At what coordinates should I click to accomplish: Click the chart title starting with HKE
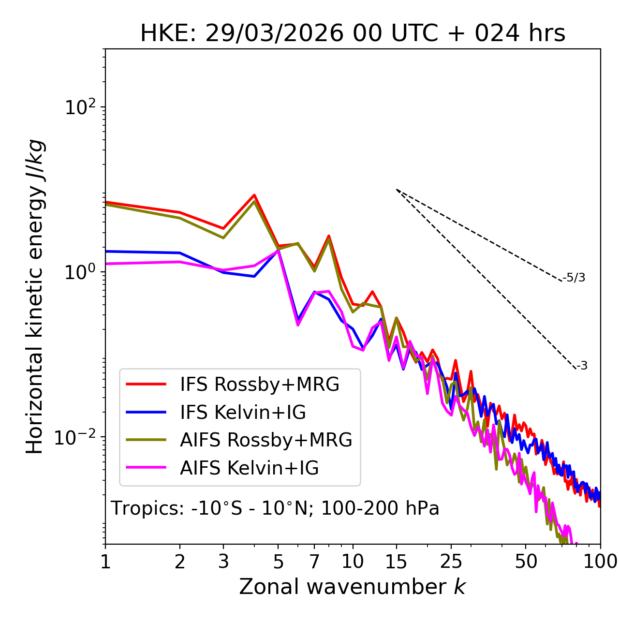353,34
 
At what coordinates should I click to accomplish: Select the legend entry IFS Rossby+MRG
259,385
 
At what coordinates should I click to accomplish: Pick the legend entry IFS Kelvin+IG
243,413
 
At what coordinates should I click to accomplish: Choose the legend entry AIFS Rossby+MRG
265,440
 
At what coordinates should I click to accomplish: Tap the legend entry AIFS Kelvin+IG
249,468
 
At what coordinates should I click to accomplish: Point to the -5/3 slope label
574,278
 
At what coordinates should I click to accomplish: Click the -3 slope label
582,366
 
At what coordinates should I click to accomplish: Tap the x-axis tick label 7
314,562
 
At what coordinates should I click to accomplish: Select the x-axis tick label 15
396,562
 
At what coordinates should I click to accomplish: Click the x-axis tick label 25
451,562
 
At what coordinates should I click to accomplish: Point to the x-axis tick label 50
526,562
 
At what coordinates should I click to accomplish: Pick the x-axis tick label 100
600,562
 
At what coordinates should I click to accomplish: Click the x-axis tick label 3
223,562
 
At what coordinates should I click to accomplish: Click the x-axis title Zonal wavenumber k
353,587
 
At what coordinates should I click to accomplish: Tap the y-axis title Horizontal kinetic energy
35,297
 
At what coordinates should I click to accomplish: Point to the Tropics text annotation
275,508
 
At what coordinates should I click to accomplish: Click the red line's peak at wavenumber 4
254,195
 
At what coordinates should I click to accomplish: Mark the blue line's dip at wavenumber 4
254,276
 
